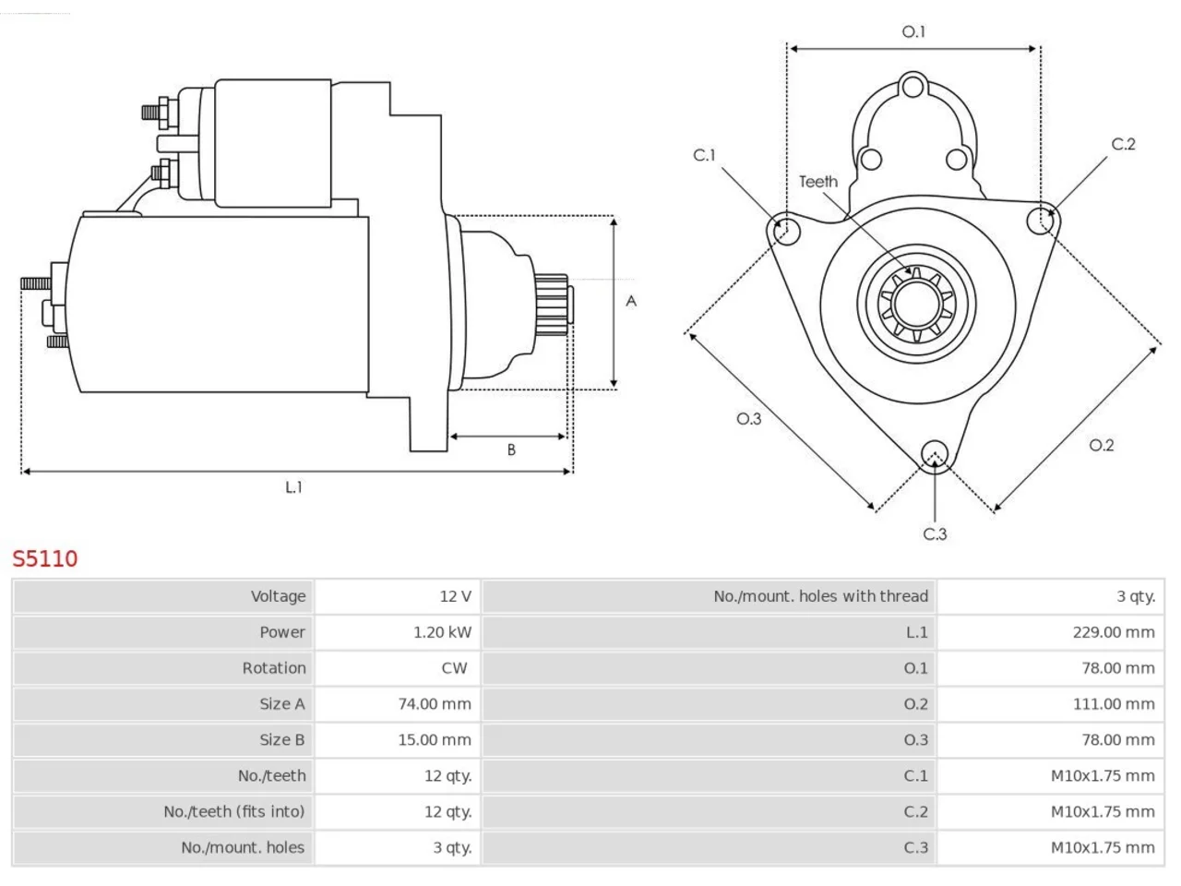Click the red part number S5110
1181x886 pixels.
(45, 559)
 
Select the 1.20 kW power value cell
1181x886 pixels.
(442, 632)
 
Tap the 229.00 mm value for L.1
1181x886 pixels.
(1114, 632)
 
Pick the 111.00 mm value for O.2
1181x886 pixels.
(1114, 703)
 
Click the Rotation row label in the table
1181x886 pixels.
(274, 668)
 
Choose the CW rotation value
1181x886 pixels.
(454, 668)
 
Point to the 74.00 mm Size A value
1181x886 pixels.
(435, 703)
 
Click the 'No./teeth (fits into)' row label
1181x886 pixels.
(234, 812)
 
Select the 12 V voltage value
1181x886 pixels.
(455, 596)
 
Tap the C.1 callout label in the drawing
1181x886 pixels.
(704, 155)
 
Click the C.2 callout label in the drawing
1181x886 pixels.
(1124, 144)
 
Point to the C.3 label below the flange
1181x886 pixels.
(935, 534)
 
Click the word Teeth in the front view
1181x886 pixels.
(818, 182)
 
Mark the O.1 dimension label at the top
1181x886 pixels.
(913, 32)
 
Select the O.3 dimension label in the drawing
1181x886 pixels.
(749, 418)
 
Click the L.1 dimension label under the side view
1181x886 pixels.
(293, 487)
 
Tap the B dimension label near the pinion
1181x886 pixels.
(511, 449)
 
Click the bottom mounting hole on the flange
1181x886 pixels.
(935, 453)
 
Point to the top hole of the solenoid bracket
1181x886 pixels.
(913, 87)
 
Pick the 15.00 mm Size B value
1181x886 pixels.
(435, 739)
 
